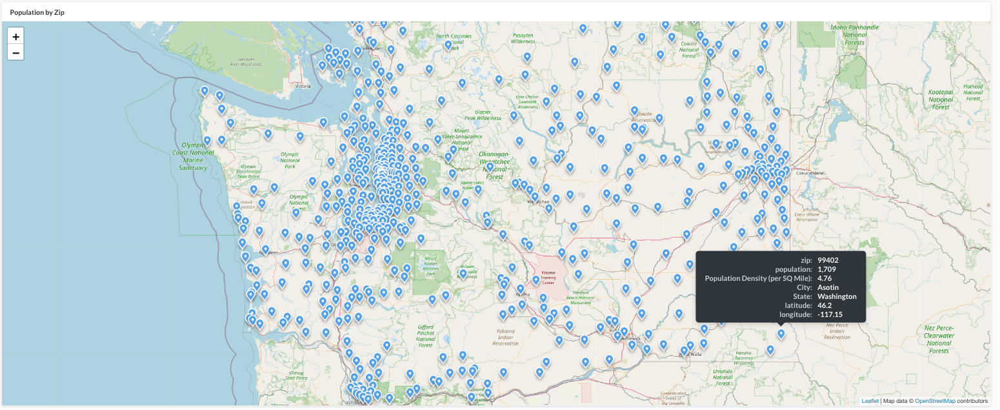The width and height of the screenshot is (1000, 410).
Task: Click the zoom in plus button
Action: click(x=15, y=36)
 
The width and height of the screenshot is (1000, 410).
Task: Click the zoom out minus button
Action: click(x=15, y=52)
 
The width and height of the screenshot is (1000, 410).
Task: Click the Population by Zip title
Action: click(x=37, y=12)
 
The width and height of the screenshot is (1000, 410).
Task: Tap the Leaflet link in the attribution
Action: click(x=870, y=401)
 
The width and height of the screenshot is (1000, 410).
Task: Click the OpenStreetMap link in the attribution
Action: click(x=935, y=401)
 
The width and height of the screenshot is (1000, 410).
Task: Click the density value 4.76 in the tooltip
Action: click(x=825, y=278)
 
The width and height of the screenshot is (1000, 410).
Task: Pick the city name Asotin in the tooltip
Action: click(x=828, y=287)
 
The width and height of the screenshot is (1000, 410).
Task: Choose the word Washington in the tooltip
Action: click(x=837, y=296)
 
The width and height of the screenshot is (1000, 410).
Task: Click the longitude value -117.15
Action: click(x=830, y=314)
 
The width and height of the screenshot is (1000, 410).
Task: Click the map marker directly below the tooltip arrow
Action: click(x=781, y=334)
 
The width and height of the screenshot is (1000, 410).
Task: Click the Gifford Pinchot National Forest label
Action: click(x=426, y=333)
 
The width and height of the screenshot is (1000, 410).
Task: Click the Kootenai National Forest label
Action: click(x=941, y=99)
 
